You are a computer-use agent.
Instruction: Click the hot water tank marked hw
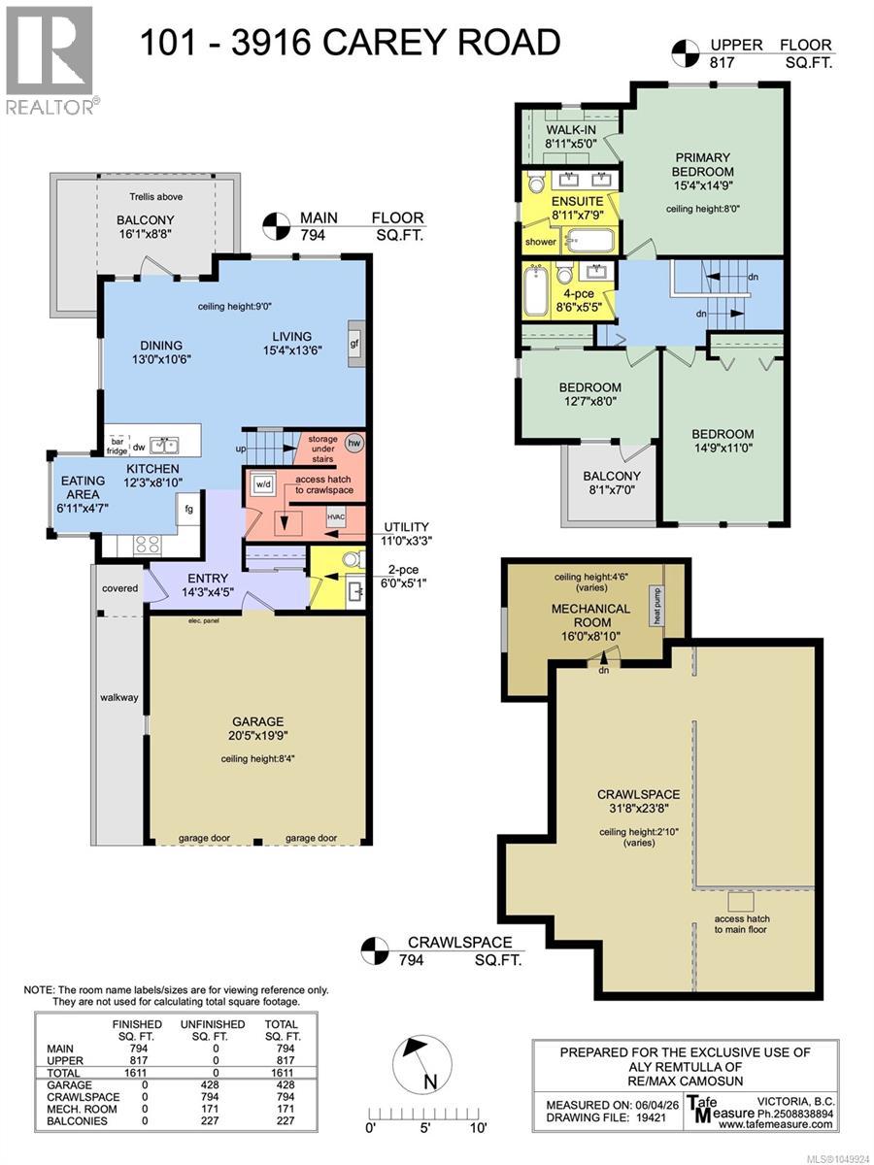point(353,442)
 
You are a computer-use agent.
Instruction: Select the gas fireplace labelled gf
point(355,344)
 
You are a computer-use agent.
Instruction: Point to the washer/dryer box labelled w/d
point(263,483)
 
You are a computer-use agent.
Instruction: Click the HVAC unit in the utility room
point(335,516)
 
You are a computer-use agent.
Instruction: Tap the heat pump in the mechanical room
point(657,606)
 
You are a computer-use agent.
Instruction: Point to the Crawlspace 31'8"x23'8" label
point(638,802)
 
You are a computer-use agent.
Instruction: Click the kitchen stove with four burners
point(148,544)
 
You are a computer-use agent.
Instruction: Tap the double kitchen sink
point(164,446)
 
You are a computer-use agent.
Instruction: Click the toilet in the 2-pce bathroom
point(353,559)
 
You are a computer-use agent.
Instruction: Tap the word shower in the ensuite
point(540,242)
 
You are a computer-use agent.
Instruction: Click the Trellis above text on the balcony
point(156,196)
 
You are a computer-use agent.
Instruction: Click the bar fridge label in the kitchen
point(117,446)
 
